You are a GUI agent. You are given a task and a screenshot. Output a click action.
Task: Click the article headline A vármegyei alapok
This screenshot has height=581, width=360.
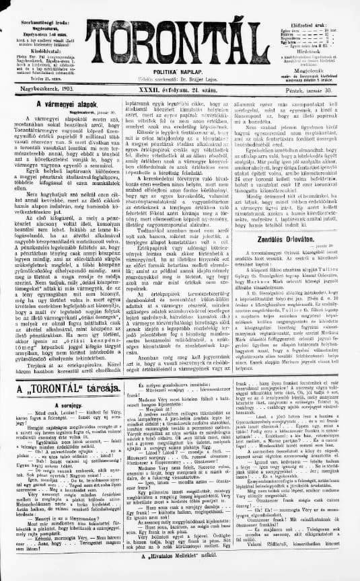pyautogui.click(x=61, y=105)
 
